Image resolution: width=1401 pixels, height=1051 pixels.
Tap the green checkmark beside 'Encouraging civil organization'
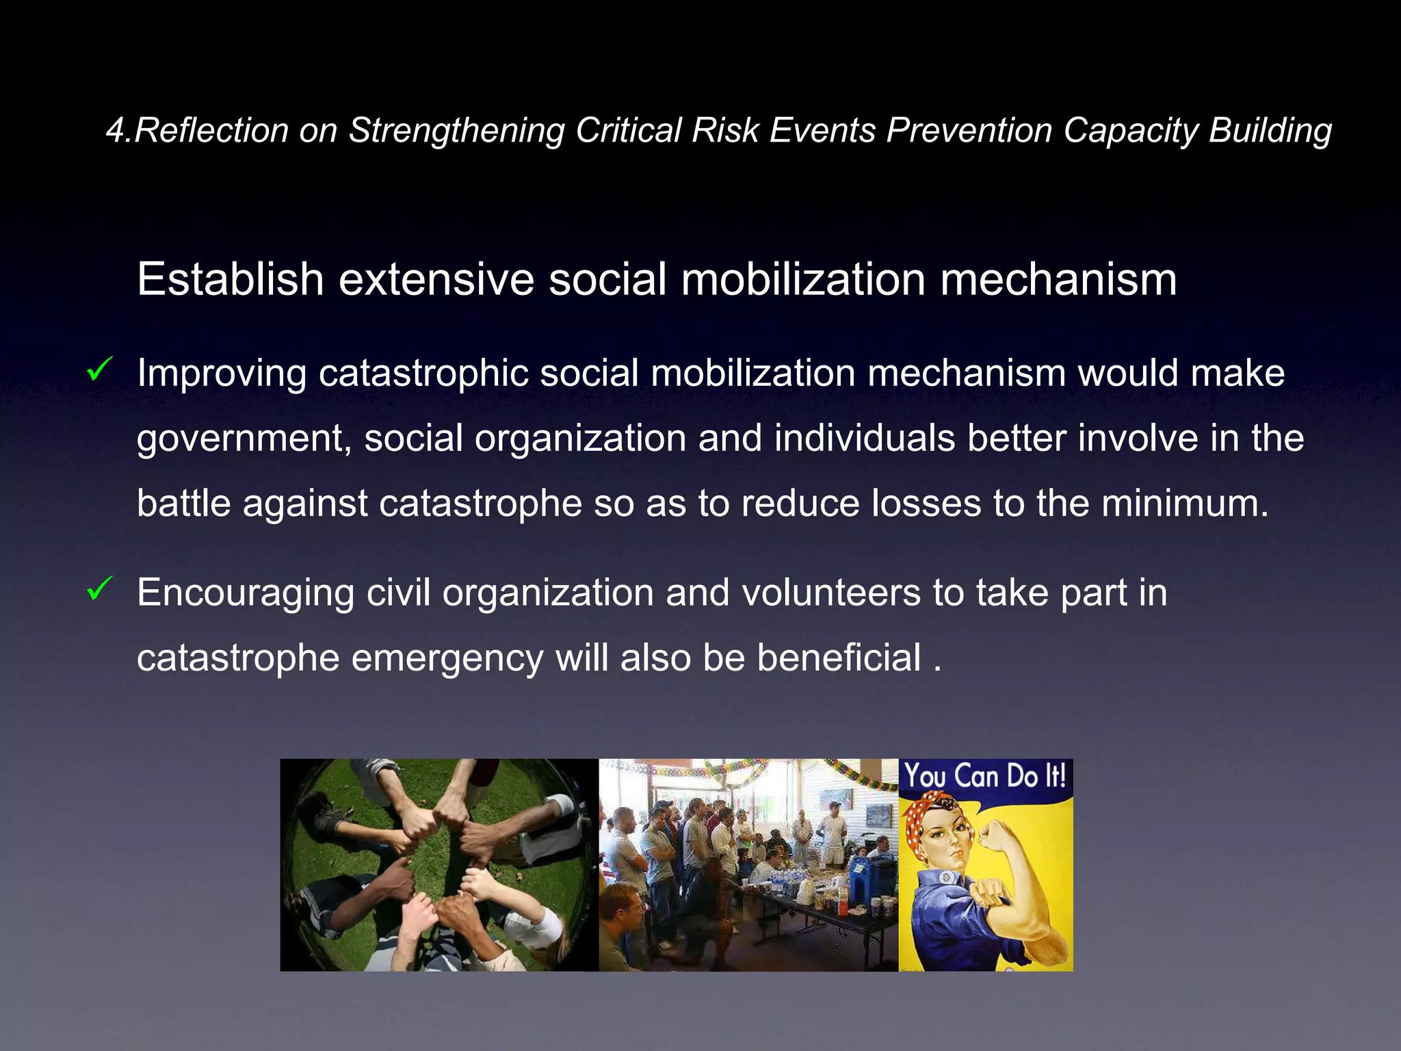100,588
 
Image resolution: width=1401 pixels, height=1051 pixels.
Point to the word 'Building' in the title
1270,130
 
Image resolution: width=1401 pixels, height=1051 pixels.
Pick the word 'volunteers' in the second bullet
830,593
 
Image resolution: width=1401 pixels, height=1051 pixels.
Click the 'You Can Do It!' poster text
985,777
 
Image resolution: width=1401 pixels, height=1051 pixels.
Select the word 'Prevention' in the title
969,130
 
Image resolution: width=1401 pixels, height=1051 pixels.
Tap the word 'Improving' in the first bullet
222,374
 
